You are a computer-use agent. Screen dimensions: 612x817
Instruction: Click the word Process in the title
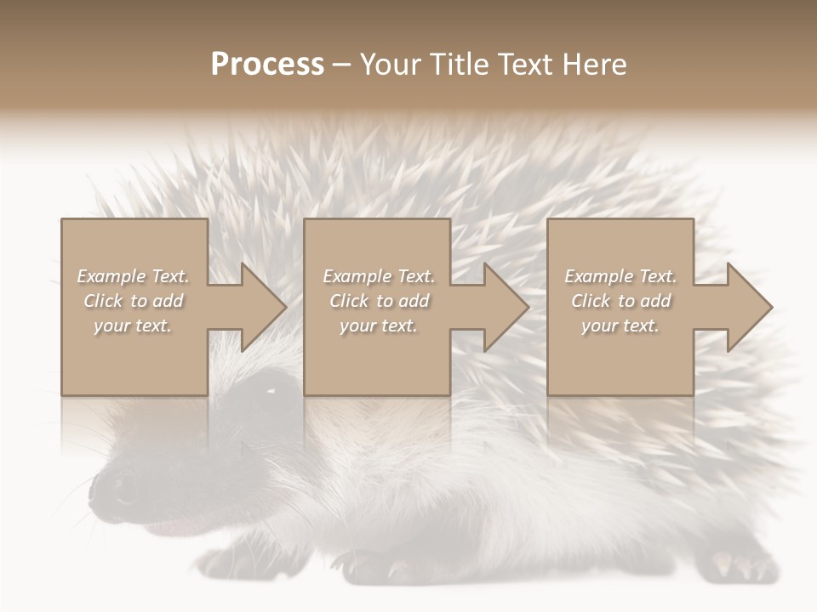[267, 65]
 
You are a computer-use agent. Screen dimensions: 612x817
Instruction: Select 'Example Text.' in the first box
[133, 276]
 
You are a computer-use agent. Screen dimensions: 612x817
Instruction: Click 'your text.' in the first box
[133, 326]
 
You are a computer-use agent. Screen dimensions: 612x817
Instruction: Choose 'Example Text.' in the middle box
[379, 276]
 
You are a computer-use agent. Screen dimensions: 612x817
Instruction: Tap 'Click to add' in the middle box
[379, 301]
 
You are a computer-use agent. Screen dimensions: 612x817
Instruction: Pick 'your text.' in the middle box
[379, 326]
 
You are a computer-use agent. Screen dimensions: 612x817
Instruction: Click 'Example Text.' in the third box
[620, 276]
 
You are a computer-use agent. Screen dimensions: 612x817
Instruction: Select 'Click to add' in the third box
[620, 301]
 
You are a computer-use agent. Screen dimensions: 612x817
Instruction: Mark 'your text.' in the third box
[620, 326]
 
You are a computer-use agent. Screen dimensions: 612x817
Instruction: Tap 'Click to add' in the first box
[133, 301]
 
